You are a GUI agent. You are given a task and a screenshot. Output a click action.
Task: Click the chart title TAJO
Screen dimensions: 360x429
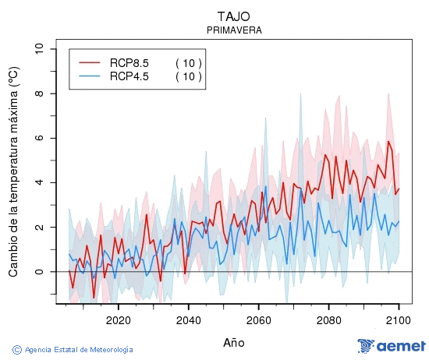234,16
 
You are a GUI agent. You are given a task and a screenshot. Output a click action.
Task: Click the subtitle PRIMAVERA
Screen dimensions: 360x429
234,30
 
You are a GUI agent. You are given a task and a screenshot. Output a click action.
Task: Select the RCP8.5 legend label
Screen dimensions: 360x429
129,62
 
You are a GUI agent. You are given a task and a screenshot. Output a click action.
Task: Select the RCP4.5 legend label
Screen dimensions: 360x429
129,76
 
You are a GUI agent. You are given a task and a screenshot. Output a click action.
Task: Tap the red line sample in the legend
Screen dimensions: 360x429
90,62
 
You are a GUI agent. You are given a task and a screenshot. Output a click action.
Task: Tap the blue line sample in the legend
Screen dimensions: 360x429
90,76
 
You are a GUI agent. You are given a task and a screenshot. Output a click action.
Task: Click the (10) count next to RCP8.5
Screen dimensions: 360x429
189,62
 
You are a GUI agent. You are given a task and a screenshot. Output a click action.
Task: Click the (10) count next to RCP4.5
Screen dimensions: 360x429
189,76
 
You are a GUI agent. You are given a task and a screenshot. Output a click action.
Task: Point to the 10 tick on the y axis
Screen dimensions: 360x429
39,49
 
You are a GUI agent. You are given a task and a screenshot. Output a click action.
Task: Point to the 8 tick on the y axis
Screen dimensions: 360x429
39,94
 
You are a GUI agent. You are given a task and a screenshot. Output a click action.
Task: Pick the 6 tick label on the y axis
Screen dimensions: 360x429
39,138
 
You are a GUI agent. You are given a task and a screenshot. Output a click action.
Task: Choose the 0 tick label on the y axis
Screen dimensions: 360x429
39,272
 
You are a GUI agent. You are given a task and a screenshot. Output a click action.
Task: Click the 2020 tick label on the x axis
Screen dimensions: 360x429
118,319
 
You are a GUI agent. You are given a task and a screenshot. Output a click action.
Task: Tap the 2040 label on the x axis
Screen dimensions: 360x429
188,319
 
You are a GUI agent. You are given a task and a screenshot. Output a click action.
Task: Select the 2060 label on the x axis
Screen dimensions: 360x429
258,319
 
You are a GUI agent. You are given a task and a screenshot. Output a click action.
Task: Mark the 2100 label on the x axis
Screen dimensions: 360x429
399,319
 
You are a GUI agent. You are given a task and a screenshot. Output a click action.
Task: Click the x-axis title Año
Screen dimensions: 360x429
234,342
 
